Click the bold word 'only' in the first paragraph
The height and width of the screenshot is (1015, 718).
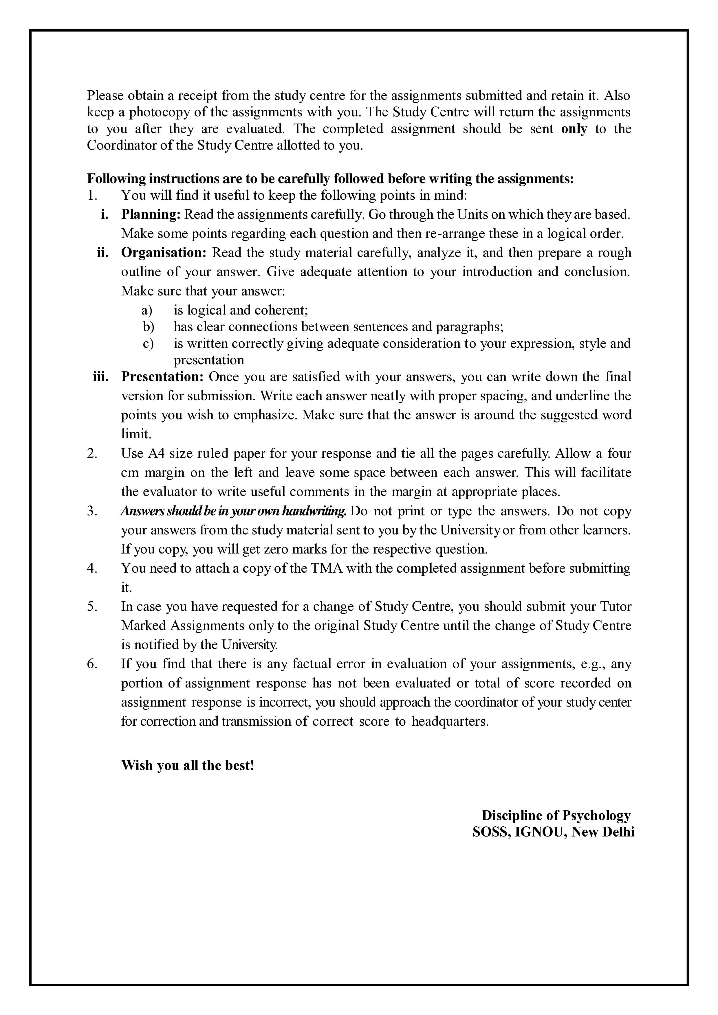[574, 129]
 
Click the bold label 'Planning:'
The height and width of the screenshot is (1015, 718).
[151, 214]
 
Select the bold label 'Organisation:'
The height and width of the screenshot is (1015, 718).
[164, 253]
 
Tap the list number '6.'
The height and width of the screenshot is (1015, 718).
[92, 664]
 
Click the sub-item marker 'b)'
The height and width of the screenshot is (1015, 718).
[148, 327]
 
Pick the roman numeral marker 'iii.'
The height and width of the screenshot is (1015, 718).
[101, 377]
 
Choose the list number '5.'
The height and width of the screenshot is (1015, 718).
[92, 606]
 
